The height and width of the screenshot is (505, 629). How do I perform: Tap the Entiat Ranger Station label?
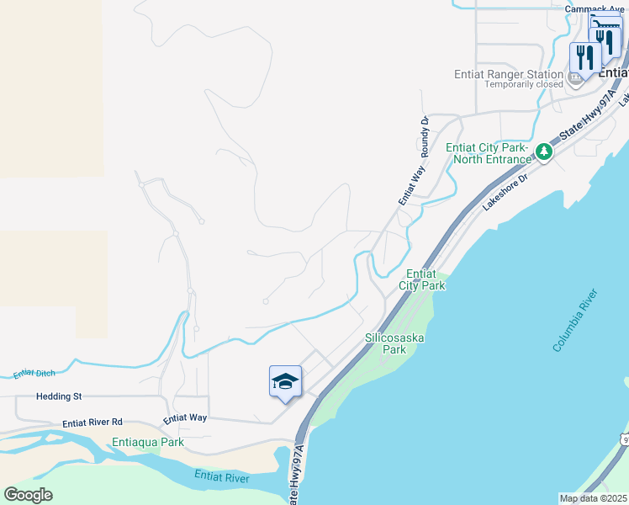[509, 74]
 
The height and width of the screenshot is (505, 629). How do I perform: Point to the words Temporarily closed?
[524, 84]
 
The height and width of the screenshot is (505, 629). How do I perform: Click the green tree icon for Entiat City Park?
[544, 151]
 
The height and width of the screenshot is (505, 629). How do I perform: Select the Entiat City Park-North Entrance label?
[489, 152]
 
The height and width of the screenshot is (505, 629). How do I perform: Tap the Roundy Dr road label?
[425, 136]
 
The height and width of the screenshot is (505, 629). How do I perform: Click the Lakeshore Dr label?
[504, 192]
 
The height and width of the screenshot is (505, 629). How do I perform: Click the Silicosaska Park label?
[394, 343]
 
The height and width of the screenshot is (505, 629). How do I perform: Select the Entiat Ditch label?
[33, 374]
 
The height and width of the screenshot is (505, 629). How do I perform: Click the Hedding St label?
[58, 396]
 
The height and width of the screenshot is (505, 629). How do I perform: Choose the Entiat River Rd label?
[92, 422]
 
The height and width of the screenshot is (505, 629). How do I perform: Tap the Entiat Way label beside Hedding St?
[185, 417]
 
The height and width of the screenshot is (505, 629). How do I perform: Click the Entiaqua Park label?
[148, 441]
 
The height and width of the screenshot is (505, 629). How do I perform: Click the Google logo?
[28, 494]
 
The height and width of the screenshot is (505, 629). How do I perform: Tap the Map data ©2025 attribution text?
[592, 498]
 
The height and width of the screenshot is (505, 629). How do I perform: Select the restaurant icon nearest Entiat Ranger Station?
[583, 57]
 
